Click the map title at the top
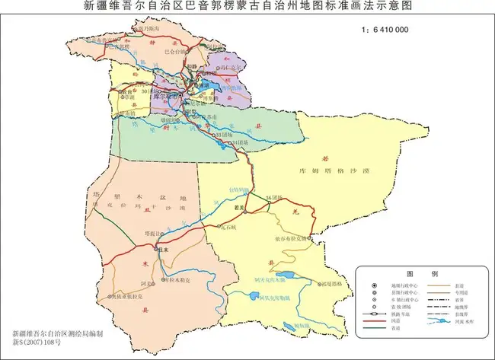point(247,7)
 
